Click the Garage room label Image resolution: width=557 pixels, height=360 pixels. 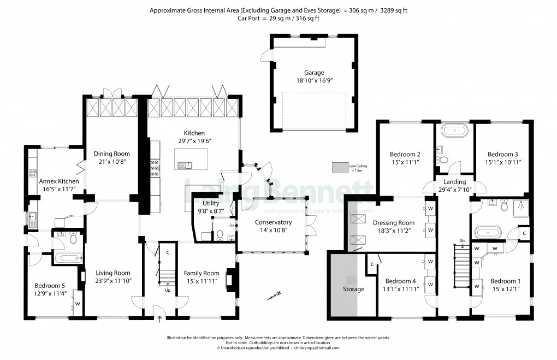pyautogui.click(x=314, y=73)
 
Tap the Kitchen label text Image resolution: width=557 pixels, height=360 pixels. pyautogui.click(x=194, y=133)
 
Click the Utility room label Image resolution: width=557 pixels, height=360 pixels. pyautogui.click(x=211, y=203)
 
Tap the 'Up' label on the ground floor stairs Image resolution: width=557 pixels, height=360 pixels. pyautogui.click(x=168, y=291)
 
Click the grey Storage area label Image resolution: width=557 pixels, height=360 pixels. pyautogui.click(x=353, y=289)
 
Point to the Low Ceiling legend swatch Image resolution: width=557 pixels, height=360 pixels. pyautogui.click(x=340, y=168)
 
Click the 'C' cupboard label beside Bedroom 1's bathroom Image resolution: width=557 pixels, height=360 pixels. pyautogui.click(x=524, y=233)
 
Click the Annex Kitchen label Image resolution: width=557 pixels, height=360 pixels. pyautogui.click(x=59, y=181)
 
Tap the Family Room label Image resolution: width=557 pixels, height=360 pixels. pyautogui.click(x=202, y=273)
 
